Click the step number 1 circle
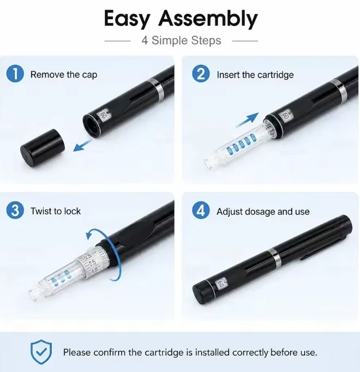15,74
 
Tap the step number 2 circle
201,74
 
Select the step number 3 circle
15,210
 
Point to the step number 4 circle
201,210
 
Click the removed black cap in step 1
43,148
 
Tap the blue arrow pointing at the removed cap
82,145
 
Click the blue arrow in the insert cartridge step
247,120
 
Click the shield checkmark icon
41,352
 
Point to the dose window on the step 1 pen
103,115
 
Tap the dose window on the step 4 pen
220,284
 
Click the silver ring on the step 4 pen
275,257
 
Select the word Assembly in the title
208,19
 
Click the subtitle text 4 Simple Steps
181,40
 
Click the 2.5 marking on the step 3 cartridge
92,262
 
